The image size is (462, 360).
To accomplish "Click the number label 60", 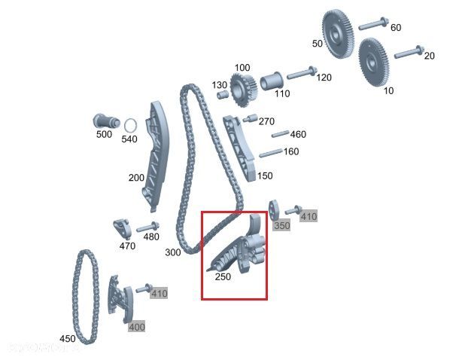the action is [396, 28].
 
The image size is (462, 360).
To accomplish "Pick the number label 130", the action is [219, 84].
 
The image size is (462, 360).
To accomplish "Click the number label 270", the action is [266, 121].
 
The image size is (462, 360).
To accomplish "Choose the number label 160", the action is [290, 151].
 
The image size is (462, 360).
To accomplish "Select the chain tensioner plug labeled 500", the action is [103, 121].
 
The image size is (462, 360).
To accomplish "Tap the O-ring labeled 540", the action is [129, 125].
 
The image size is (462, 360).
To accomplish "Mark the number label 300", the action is [172, 252].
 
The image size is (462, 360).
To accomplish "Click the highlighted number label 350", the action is [281, 225].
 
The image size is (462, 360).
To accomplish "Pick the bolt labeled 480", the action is [146, 227].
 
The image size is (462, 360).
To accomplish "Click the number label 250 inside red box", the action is [223, 276].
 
